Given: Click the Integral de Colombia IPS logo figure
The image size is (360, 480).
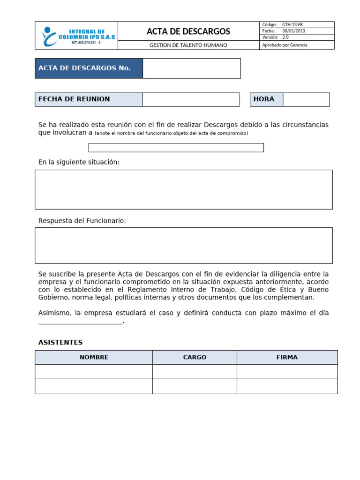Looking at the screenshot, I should pyautogui.click(x=48, y=36).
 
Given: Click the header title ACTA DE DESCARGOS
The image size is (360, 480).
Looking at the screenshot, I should pyautogui.click(x=188, y=31).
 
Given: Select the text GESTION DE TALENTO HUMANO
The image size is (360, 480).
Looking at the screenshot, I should pyautogui.click(x=188, y=45).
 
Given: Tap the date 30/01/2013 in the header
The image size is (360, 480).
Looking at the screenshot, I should pyautogui.click(x=293, y=31).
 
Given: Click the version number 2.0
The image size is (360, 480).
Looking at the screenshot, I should pyautogui.click(x=285, y=37).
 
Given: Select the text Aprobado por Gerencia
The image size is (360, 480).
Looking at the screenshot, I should pyautogui.click(x=285, y=45).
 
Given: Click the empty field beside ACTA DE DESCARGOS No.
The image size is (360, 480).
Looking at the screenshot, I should pyautogui.click(x=191, y=68).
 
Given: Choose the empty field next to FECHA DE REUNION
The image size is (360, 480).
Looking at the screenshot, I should pyautogui.click(x=191, y=99).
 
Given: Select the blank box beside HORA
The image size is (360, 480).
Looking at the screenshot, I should pyautogui.click(x=306, y=99).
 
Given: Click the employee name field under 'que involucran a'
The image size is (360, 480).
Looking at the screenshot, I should pyautogui.click(x=176, y=148).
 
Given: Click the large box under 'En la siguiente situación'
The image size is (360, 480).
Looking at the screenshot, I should pyautogui.click(x=184, y=189).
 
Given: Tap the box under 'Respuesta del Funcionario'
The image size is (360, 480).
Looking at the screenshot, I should pyautogui.click(x=184, y=246).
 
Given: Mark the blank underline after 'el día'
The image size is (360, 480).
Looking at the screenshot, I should pyautogui.click(x=80, y=322).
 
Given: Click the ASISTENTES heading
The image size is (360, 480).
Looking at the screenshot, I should pyautogui.click(x=60, y=343).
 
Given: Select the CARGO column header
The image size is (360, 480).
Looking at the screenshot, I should pyautogui.click(x=195, y=357).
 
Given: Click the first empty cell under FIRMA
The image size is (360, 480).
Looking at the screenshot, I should pyautogui.click(x=287, y=372).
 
